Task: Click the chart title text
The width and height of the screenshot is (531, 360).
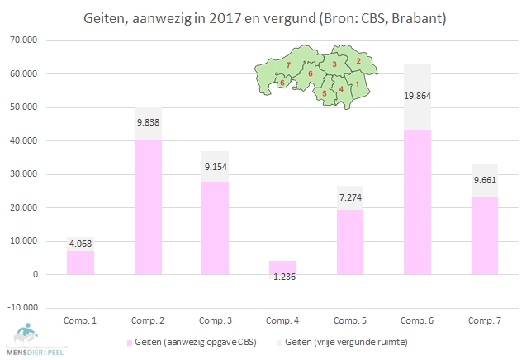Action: [266, 17]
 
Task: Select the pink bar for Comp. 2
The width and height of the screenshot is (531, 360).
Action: [148, 206]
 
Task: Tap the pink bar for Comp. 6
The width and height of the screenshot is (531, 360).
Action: [417, 202]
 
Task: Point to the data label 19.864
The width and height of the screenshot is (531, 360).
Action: [417, 96]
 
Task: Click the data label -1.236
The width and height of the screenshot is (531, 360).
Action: [282, 276]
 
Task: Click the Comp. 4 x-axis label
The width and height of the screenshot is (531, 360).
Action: [282, 319]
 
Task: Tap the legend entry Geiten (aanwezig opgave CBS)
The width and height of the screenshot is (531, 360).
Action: [199, 340]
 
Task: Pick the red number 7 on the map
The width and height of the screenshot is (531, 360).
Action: [287, 64]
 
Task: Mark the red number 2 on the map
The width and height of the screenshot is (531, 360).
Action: [358, 60]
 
